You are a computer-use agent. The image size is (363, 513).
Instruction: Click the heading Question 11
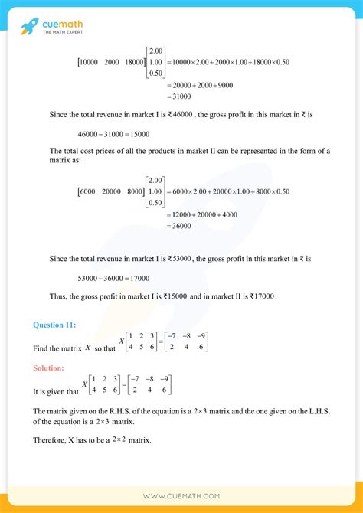coord(54,325)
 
